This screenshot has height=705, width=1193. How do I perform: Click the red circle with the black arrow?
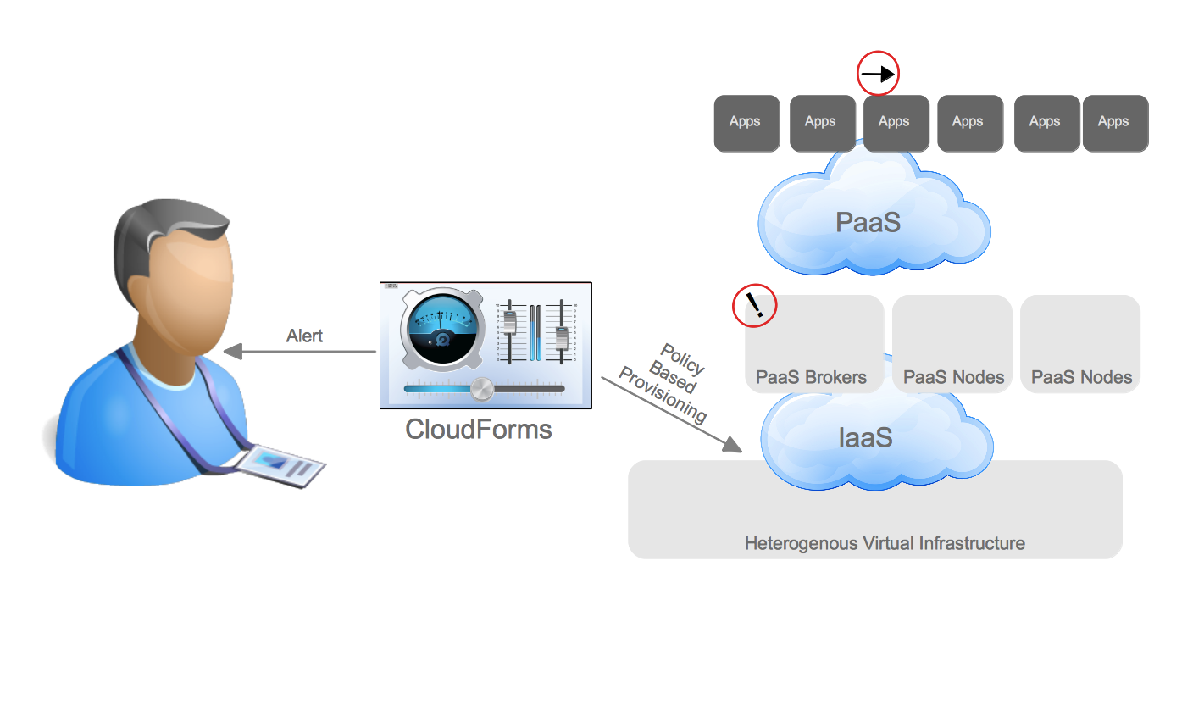(878, 74)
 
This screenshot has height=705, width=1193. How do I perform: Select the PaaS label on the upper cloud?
(867, 222)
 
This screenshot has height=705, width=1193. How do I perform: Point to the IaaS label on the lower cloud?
(865, 438)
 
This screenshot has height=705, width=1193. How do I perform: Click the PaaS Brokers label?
(811, 377)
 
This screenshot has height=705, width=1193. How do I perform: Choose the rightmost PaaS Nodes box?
(1080, 343)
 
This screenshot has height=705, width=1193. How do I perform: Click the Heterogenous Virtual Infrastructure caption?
(885, 543)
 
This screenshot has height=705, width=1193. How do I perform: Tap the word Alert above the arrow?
(305, 336)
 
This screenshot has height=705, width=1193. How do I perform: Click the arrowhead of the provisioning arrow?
(732, 446)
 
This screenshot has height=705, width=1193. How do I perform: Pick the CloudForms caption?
(478, 430)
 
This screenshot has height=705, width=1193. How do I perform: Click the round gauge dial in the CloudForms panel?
(443, 325)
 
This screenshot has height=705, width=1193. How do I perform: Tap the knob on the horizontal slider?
(482, 389)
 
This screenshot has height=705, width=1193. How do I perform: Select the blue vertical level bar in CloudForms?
(535, 334)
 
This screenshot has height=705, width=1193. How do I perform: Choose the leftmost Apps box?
(746, 123)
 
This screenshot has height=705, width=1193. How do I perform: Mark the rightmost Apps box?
(1115, 123)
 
